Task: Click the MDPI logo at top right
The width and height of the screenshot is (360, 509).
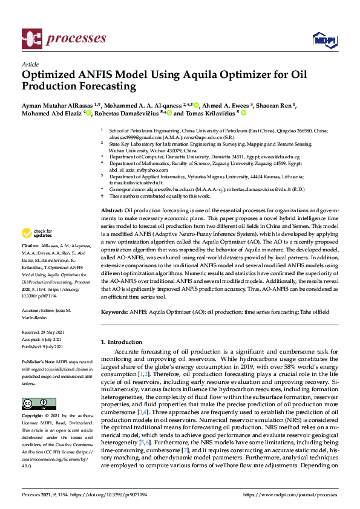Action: (x=325, y=40)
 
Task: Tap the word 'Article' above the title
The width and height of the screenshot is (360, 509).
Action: (x=30, y=64)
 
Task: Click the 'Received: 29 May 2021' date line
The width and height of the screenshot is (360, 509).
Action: (x=42, y=332)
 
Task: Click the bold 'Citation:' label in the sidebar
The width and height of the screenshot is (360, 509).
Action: (x=30, y=246)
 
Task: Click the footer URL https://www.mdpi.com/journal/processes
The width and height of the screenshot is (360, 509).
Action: (x=290, y=494)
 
